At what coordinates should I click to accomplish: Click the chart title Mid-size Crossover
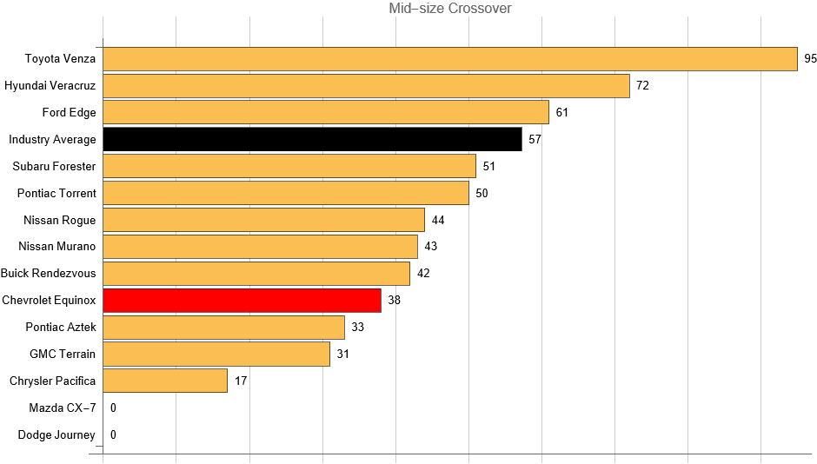click(x=450, y=9)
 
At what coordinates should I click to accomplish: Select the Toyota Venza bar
click(x=450, y=59)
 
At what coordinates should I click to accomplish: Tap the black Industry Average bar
click(x=312, y=139)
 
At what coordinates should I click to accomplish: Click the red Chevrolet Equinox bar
click(x=242, y=301)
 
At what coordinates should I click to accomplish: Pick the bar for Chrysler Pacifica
click(x=165, y=381)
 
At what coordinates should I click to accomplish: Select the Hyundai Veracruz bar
click(x=366, y=86)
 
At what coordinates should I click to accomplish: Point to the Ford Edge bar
click(x=326, y=112)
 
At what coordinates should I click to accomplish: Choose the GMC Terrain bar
click(x=216, y=354)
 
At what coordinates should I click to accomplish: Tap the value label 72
click(x=643, y=86)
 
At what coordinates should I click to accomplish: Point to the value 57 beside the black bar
click(x=535, y=139)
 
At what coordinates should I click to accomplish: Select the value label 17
click(x=242, y=381)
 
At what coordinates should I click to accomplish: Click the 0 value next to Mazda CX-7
click(x=113, y=408)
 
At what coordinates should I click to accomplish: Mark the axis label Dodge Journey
click(x=56, y=434)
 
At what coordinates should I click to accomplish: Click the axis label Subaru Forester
click(x=55, y=166)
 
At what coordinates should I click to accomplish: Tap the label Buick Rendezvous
click(x=49, y=273)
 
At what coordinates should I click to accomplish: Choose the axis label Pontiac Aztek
click(x=61, y=327)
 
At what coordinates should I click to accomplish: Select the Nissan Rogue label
click(x=60, y=220)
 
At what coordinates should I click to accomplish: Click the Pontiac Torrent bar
click(x=286, y=193)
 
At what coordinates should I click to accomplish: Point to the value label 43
click(x=431, y=247)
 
